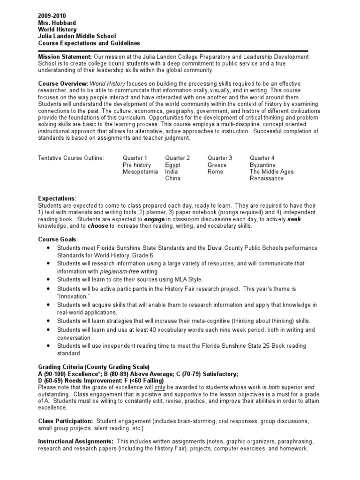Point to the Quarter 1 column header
click(135, 158)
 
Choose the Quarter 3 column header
click(220, 158)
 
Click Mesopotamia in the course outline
click(141, 172)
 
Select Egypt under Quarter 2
click(172, 165)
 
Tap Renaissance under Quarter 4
click(267, 179)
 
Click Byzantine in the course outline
click(262, 165)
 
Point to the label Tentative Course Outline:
click(71, 158)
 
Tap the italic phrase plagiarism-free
click(119, 271)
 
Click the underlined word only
click(158, 387)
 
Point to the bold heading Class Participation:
click(65, 421)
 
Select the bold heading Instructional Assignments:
click(75, 442)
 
